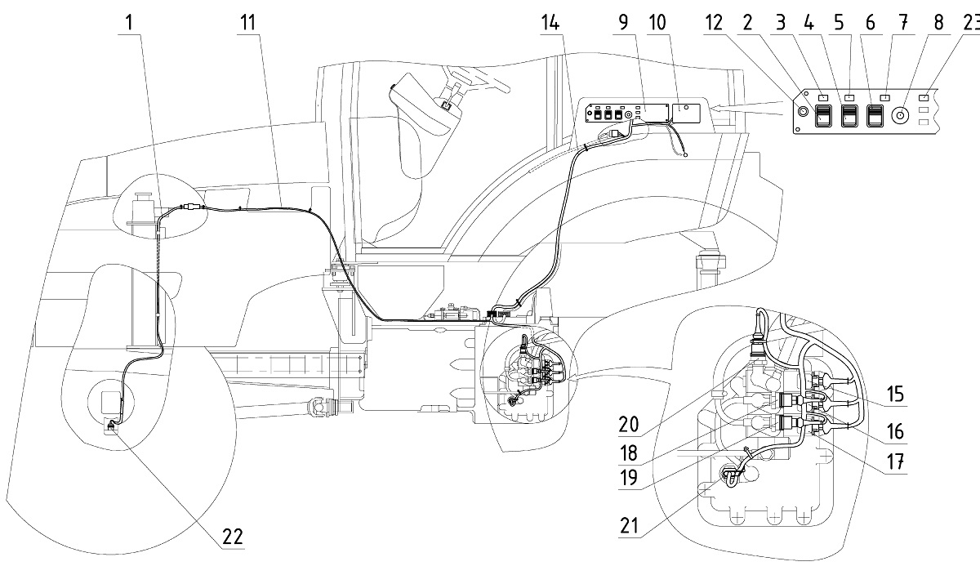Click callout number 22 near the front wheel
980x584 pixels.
pos(232,537)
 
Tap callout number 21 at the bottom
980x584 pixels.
pos(629,525)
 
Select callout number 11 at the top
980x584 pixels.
pos(248,23)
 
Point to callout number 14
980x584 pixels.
pos(550,23)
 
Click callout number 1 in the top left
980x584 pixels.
pos(130,23)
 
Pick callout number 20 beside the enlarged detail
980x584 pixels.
pos(629,425)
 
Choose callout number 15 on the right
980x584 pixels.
pos(895,395)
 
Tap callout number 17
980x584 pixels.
pos(895,462)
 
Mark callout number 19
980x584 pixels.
pos(629,478)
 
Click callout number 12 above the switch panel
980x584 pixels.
pos(714,23)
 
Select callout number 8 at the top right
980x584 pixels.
pos(938,23)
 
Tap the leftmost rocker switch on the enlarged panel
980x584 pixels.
pos(822,116)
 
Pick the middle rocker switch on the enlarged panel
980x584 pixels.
pos(849,116)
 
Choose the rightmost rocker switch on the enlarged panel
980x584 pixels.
pos(875,116)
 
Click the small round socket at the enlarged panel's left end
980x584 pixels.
pos(803,112)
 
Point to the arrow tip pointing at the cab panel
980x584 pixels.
pos(711,108)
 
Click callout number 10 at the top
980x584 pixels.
pos(657,23)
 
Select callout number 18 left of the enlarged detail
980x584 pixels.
pos(629,453)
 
